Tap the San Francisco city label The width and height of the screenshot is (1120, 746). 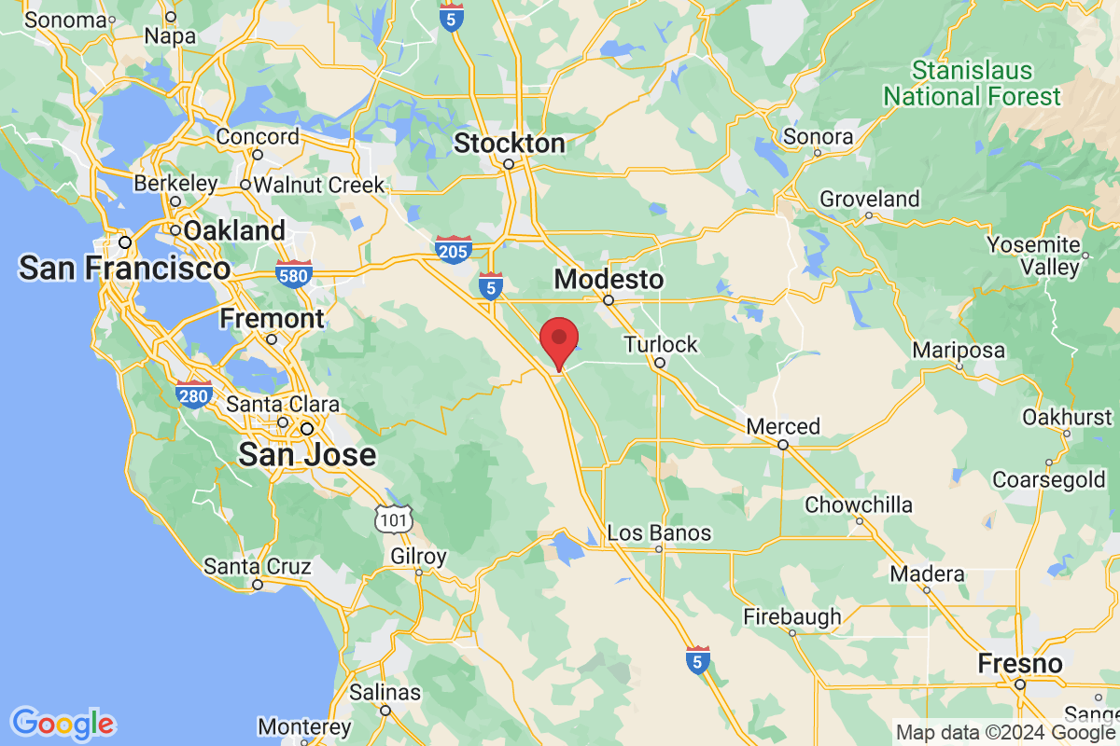pyautogui.click(x=124, y=269)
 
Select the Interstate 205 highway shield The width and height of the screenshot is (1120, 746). pyautogui.click(x=453, y=248)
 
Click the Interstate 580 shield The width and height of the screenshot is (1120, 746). pyautogui.click(x=294, y=274)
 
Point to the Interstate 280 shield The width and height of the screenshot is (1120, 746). pyautogui.click(x=193, y=395)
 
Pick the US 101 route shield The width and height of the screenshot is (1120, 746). pyautogui.click(x=393, y=519)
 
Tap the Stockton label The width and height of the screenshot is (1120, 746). pyautogui.click(x=509, y=144)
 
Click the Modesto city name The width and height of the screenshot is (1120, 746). pyautogui.click(x=609, y=279)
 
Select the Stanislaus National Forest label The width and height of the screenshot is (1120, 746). pyautogui.click(x=972, y=84)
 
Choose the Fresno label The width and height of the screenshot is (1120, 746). pyautogui.click(x=1020, y=664)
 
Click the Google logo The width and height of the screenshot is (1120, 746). pyautogui.click(x=63, y=723)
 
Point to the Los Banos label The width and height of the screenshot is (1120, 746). pyautogui.click(x=659, y=533)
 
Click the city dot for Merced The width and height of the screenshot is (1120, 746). pyautogui.click(x=783, y=445)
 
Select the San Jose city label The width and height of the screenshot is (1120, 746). pyautogui.click(x=307, y=455)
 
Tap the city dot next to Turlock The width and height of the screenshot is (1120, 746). pyautogui.click(x=659, y=363)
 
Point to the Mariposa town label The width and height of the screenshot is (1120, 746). pyautogui.click(x=959, y=351)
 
